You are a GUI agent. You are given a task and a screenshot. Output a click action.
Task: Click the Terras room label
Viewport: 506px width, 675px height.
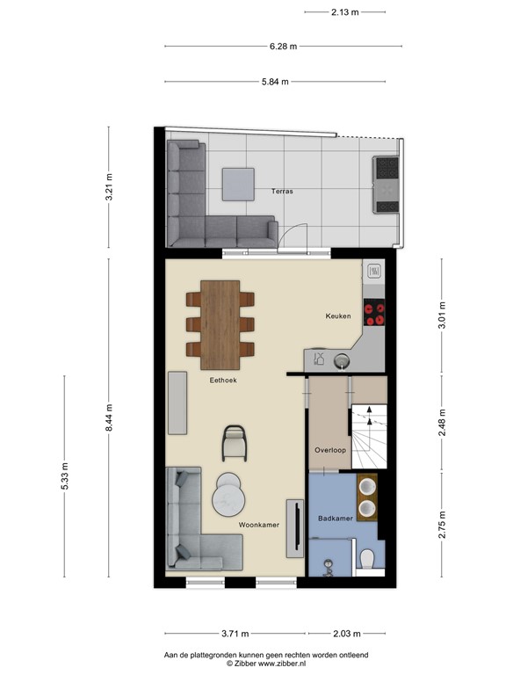pos(282,191)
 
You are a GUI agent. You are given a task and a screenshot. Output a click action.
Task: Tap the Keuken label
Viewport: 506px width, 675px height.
pos(338,316)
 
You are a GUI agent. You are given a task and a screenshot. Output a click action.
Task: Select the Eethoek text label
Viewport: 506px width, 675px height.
pos(223,381)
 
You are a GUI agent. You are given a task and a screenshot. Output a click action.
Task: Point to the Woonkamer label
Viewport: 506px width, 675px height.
pos(259,525)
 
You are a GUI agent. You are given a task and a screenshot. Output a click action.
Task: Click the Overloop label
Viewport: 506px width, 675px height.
pos(330,450)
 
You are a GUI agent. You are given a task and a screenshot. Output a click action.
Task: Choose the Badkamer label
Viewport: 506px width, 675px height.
pos(336,519)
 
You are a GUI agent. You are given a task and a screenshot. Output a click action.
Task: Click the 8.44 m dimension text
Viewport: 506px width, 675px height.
pos(109,418)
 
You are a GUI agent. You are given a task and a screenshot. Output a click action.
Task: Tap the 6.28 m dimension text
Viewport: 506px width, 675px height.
pos(283,47)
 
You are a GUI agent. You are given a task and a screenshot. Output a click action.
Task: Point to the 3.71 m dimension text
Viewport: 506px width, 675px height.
pos(235,634)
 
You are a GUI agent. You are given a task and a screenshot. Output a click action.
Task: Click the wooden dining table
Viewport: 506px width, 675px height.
pos(220,324)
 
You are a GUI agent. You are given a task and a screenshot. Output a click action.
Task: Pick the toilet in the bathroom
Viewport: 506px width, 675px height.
pos(368,558)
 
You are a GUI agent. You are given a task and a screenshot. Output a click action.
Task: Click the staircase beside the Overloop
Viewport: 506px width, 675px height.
pos(368,435)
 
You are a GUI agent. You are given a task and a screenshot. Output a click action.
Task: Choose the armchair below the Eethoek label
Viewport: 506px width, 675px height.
pos(235,442)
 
